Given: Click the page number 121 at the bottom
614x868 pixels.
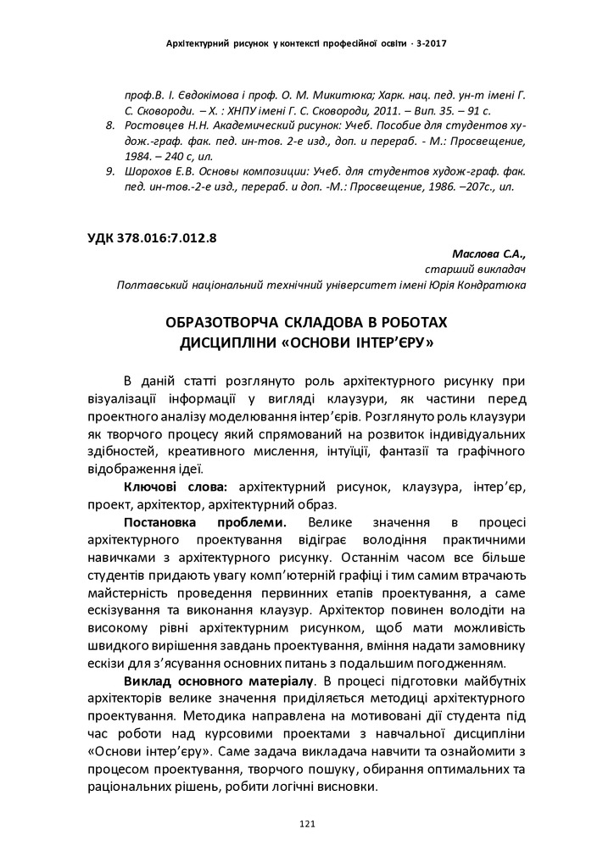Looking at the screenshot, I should point(307,823).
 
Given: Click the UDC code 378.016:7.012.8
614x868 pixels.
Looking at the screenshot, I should point(165,238).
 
